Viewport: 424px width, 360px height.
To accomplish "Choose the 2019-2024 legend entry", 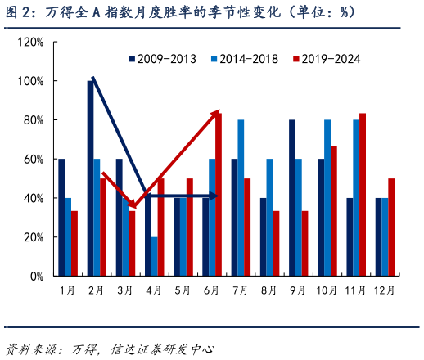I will pyautogui.click(x=326, y=59).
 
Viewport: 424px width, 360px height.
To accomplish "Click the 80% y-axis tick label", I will pyautogui.click(x=33, y=120).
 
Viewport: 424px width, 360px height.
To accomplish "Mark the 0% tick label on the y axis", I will pyautogui.click(x=36, y=277).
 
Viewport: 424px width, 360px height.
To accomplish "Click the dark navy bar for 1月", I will pyautogui.click(x=61, y=218).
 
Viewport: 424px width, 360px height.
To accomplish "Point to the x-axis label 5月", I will pyautogui.click(x=183, y=290).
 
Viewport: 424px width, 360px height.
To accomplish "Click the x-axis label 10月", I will pyautogui.click(x=327, y=290).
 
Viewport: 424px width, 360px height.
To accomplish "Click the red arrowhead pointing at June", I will pyautogui.click(x=215, y=114).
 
